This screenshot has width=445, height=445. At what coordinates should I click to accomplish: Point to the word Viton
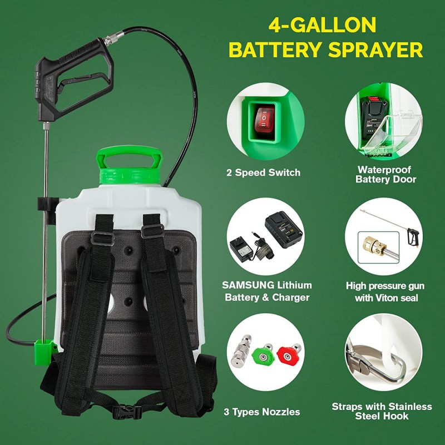point(385,298)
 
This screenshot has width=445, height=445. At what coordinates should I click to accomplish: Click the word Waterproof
point(385,169)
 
